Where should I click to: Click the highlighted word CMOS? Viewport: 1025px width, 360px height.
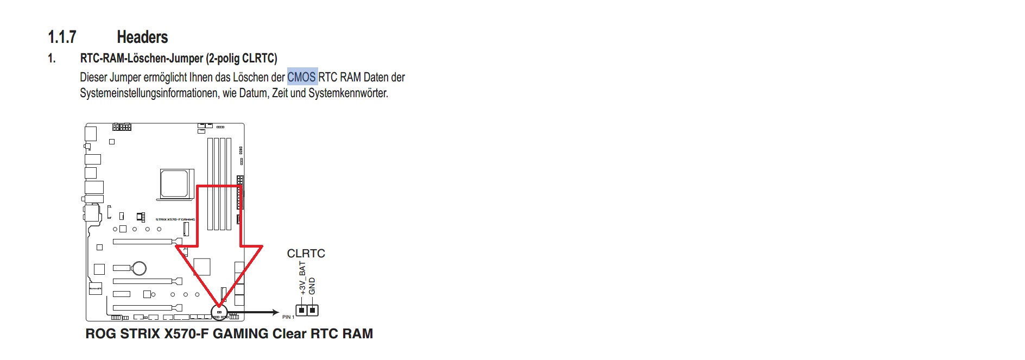(x=301, y=77)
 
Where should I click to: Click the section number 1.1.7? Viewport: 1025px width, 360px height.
(x=62, y=37)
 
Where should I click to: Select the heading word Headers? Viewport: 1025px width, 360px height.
(x=142, y=37)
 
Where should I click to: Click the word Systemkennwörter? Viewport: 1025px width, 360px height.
(x=348, y=93)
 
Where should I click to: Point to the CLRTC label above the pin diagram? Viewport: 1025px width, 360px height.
(x=306, y=254)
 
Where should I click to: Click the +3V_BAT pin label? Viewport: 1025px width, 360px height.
(x=302, y=278)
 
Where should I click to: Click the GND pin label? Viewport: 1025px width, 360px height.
(x=312, y=286)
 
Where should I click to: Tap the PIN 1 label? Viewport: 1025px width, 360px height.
(x=288, y=317)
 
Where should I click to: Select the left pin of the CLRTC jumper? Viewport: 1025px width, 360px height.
(x=302, y=311)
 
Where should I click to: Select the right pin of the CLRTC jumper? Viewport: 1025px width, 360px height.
(x=312, y=311)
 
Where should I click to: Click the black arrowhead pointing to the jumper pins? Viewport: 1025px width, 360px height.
(x=275, y=312)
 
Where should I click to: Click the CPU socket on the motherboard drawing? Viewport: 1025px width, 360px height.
(x=174, y=183)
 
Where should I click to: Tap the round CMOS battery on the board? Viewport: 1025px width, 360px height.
(x=140, y=268)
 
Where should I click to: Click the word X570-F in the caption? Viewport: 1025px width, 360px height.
(x=186, y=333)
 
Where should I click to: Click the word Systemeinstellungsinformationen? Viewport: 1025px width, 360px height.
(x=150, y=93)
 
